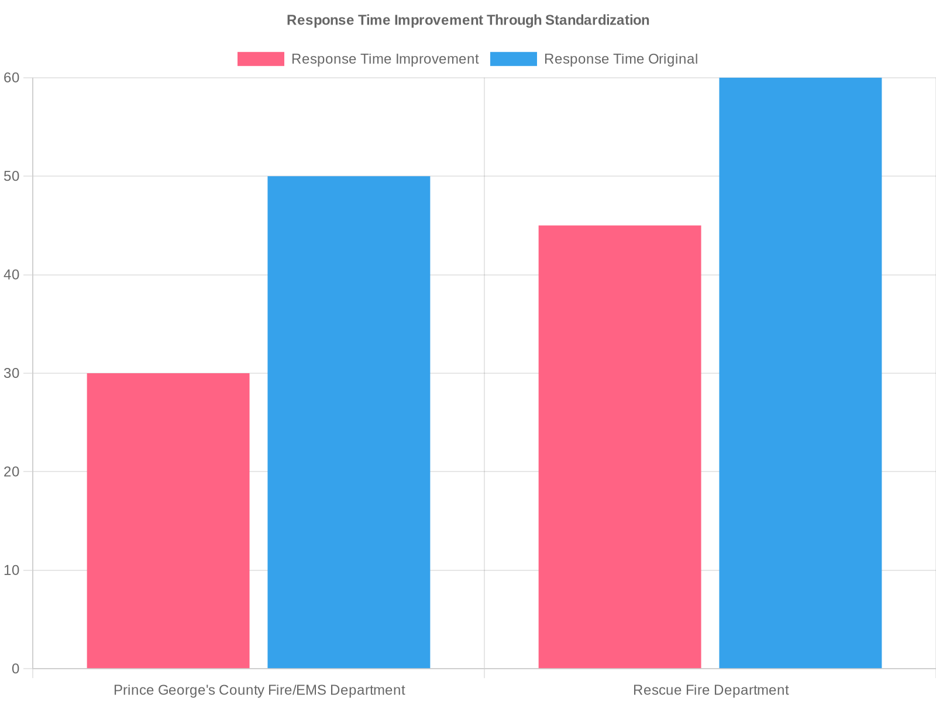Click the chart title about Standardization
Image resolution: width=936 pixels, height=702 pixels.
pyautogui.click(x=468, y=20)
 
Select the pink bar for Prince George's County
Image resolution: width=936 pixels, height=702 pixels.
pyautogui.click(x=168, y=521)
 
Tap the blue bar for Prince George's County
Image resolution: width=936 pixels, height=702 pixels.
pyautogui.click(x=349, y=422)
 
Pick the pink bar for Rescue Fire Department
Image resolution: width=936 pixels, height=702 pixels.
pyautogui.click(x=620, y=446)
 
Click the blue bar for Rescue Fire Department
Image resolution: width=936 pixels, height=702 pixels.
pyautogui.click(x=800, y=373)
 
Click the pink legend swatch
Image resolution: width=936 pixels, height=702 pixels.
pyautogui.click(x=260, y=59)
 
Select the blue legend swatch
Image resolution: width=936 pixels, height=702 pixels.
pyautogui.click(x=513, y=59)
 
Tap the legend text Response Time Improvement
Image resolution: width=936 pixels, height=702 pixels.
pyautogui.click(x=385, y=59)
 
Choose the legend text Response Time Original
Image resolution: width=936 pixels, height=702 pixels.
pyautogui.click(x=621, y=59)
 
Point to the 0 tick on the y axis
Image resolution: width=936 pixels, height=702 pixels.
pyautogui.click(x=15, y=669)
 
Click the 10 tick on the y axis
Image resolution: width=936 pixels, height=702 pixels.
pyautogui.click(x=12, y=570)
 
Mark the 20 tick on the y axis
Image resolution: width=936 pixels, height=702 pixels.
pyautogui.click(x=12, y=472)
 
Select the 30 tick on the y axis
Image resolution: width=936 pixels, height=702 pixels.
pyautogui.click(x=12, y=373)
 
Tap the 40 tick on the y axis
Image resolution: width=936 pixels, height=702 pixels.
pyautogui.click(x=12, y=274)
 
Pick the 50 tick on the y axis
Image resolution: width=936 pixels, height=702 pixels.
pyautogui.click(x=12, y=176)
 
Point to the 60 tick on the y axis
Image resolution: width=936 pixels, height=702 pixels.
pyautogui.click(x=12, y=78)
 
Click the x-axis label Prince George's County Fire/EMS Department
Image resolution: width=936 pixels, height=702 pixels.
pyautogui.click(x=259, y=690)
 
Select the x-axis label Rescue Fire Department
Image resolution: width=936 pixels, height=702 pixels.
pyautogui.click(x=711, y=690)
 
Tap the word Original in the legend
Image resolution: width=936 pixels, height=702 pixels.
pyautogui.click(x=672, y=59)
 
